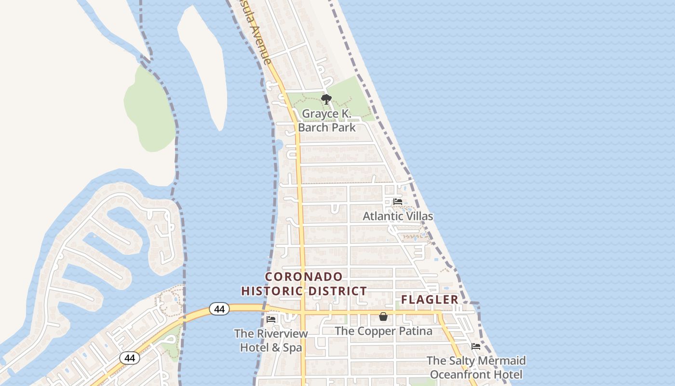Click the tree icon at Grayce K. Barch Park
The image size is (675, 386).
pos(326,99)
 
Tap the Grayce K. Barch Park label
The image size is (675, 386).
pos(326,121)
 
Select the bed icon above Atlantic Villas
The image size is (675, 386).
pos(398,201)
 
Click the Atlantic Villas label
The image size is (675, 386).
pos(398,216)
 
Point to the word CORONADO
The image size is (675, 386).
pos(304,277)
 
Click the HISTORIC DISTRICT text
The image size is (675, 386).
pos(304,291)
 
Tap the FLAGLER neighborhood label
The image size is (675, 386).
pos(430,300)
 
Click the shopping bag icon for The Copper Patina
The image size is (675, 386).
pos(383,317)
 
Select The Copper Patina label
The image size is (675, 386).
pos(383,331)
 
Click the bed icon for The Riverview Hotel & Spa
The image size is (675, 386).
pos(271,319)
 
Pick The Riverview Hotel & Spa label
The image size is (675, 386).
pos(271,341)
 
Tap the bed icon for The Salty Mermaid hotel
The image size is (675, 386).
pos(476,346)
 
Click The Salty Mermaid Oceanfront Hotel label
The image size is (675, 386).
pos(476,368)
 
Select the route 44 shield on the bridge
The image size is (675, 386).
pos(219,309)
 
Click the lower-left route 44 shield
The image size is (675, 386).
pos(130,358)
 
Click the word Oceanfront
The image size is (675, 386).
pos(459,374)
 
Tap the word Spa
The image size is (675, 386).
pos(292,347)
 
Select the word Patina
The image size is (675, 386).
pos(416,331)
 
